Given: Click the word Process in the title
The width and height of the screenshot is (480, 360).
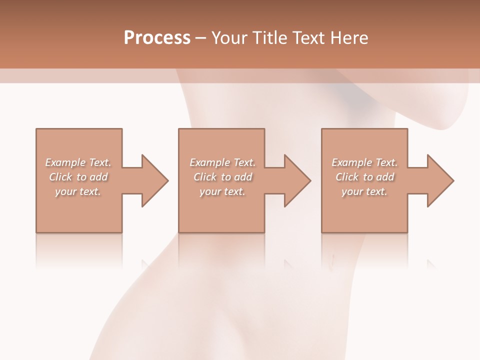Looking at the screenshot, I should pos(157,38).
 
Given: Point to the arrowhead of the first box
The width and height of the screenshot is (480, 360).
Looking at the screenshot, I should pos(154,180).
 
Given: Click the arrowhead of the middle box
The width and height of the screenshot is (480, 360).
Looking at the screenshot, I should pos(297,180).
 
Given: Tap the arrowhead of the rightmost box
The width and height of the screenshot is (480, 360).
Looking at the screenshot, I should pos(440,180).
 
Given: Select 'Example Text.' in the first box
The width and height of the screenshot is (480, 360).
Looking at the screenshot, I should pos(78,162).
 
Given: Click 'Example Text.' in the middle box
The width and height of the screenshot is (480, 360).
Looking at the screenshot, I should pos(222,162).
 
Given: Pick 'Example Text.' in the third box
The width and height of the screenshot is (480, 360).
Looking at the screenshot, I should pos(364,162).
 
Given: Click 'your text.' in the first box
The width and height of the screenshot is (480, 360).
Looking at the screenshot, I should pos(78,191).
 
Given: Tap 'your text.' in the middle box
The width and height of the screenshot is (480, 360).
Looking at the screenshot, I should pos(222,191).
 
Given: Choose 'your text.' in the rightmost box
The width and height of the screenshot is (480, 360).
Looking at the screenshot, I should pos(364,191).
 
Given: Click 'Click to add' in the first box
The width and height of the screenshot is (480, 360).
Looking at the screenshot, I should pos(78,177).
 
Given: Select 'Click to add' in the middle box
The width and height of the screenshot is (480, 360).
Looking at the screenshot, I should pos(222,177).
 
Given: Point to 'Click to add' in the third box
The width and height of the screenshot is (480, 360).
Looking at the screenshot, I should pos(364,177).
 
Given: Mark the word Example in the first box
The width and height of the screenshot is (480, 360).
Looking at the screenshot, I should pos(65,162).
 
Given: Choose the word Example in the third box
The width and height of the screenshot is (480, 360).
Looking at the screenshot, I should pos(352,162).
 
